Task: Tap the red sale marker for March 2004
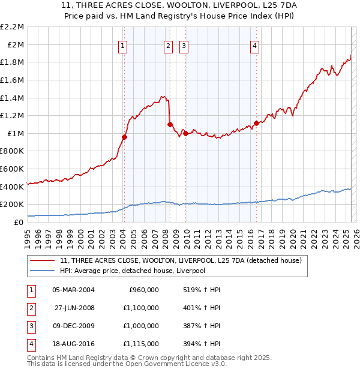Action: (124, 137)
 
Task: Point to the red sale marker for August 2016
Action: (256, 123)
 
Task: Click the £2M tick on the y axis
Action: (16, 44)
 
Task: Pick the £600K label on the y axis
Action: (14, 169)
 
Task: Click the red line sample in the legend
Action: (41, 260)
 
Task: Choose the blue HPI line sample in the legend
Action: (41, 271)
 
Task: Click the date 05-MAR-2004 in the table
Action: (73, 290)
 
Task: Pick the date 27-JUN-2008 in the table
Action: (73, 308)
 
